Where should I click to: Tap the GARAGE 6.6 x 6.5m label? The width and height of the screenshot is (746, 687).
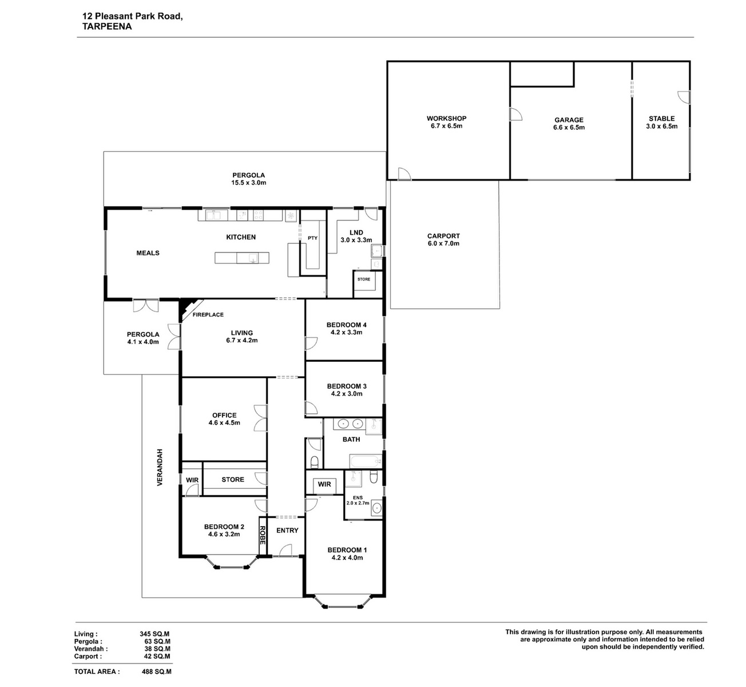(x=569, y=124)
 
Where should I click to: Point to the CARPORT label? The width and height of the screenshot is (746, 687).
(x=443, y=236)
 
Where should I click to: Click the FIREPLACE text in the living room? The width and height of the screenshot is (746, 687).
(x=208, y=314)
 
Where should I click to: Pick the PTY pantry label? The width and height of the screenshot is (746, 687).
(x=312, y=238)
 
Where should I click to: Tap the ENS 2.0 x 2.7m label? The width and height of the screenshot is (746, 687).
(x=358, y=500)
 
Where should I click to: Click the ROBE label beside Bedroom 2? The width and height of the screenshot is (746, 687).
(x=263, y=535)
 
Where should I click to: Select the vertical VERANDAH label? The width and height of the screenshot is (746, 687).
(x=160, y=467)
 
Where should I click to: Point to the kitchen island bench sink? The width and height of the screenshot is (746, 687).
(x=253, y=258)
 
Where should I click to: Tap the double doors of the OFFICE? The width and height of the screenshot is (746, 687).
(x=261, y=418)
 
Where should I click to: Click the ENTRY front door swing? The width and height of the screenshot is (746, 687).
(x=285, y=550)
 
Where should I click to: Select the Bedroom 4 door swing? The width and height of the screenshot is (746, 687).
(x=311, y=343)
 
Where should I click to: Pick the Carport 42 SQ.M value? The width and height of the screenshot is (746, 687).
(x=157, y=656)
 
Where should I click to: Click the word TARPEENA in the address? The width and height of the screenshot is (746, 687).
(x=107, y=26)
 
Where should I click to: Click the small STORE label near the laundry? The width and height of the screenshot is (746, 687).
(x=364, y=279)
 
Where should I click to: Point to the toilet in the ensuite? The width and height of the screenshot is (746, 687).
(x=374, y=477)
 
